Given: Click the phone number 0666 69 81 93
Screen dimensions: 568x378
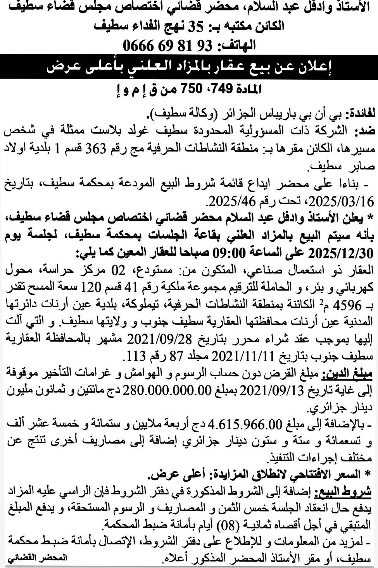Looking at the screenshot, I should (168, 46).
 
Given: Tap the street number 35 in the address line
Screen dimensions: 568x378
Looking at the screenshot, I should (196, 26).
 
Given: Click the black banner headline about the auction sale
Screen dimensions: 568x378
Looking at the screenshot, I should (189, 67).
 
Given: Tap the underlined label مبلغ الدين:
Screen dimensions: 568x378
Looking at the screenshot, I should (350, 373).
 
